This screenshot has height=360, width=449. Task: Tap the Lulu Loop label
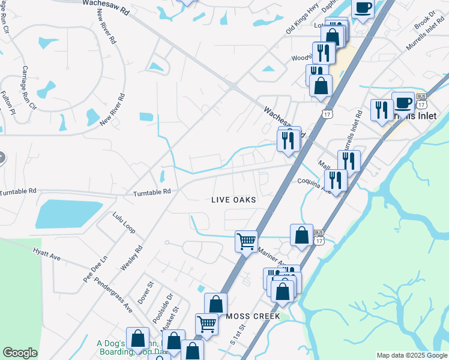[x=124, y=222]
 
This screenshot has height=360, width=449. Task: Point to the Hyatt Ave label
[x=47, y=256]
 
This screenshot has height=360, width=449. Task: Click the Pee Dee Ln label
[x=95, y=270]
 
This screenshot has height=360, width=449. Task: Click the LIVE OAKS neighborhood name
[x=234, y=200]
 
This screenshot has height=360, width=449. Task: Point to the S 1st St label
[x=237, y=337]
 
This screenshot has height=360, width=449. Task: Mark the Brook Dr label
[x=424, y=19]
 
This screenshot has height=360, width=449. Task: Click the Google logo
[x=20, y=353]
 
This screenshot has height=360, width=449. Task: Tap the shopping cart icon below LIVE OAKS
[x=246, y=241]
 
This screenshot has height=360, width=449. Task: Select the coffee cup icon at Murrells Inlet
[x=403, y=102]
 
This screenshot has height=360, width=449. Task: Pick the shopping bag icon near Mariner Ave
[x=301, y=235]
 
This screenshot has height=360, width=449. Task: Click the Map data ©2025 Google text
[x=411, y=355]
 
